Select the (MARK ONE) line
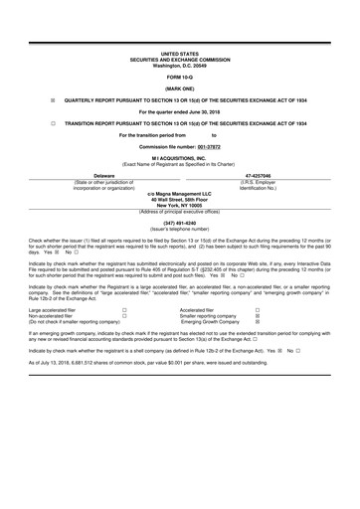point(180,88)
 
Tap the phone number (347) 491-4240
point(179,223)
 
